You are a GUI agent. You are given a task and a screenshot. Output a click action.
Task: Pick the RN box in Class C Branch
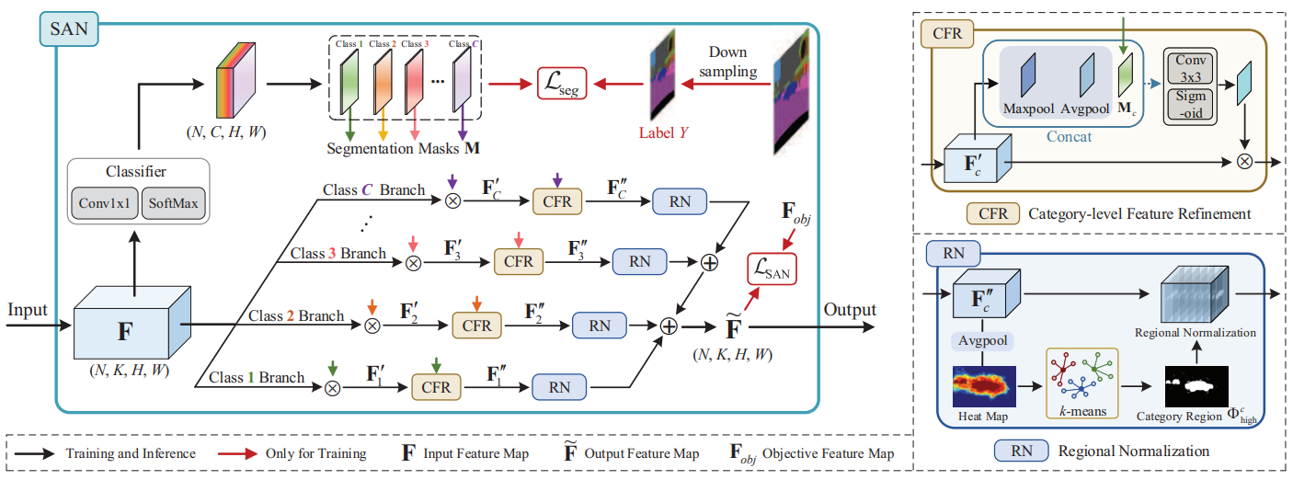[680, 201]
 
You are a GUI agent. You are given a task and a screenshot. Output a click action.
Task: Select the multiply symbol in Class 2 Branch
[372, 326]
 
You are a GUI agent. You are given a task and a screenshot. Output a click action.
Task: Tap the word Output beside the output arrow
[850, 310]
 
